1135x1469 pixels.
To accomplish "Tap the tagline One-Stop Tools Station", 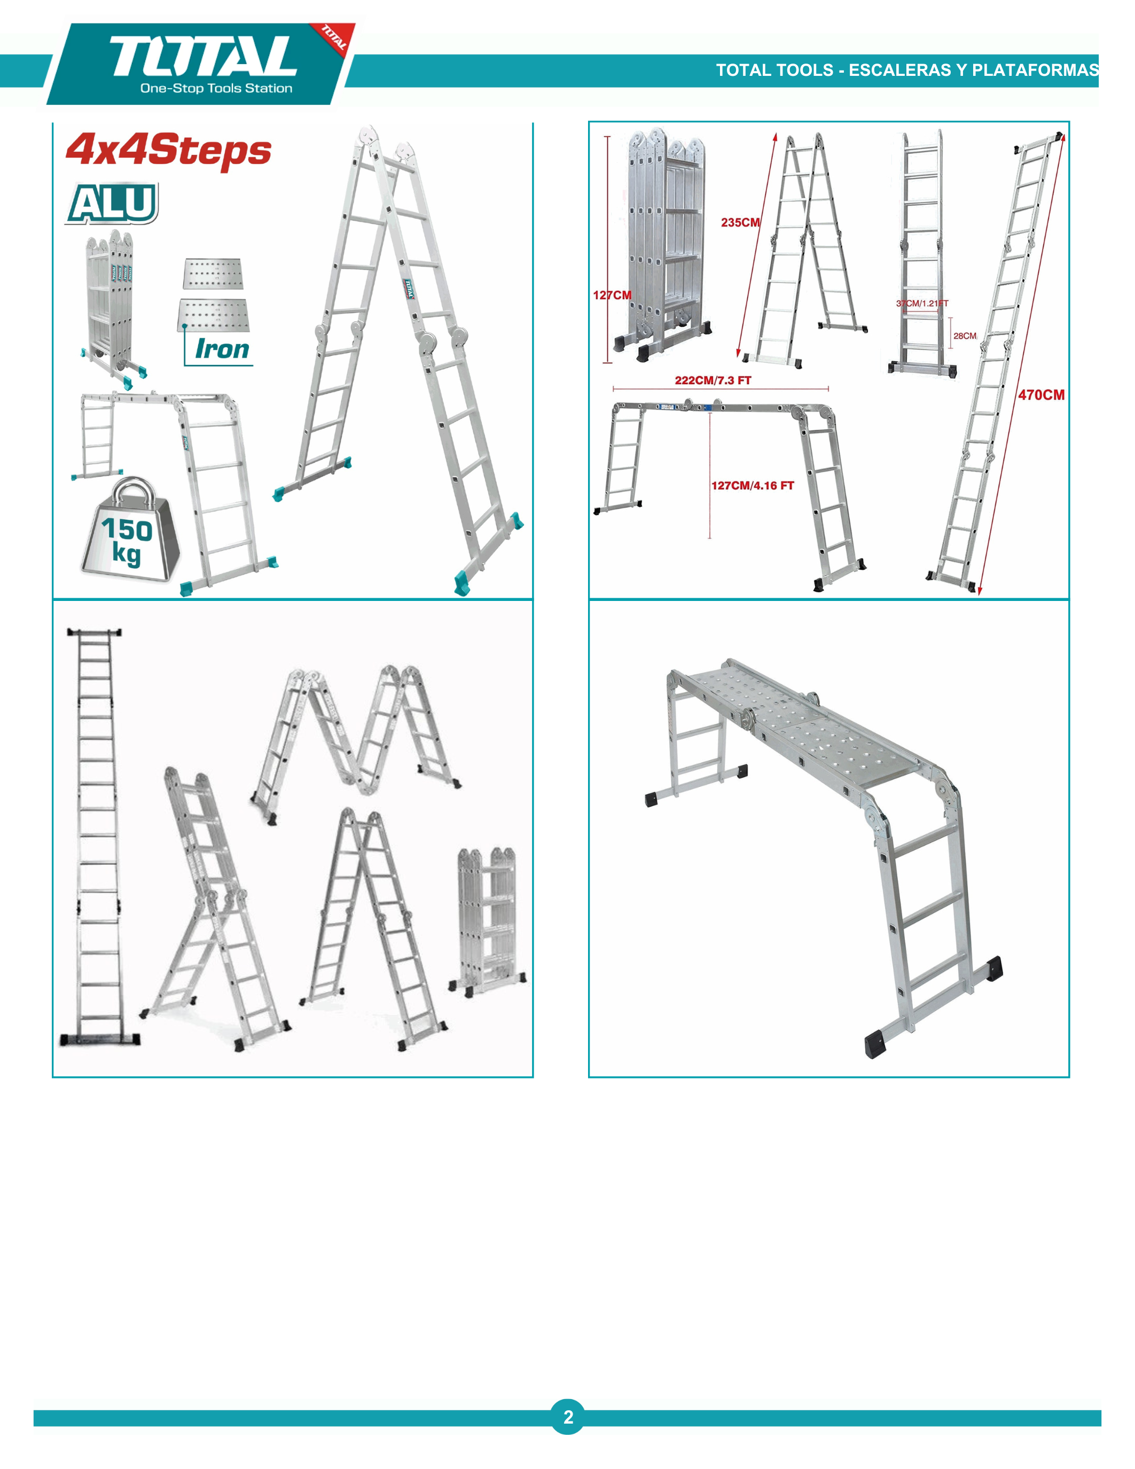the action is [216, 88].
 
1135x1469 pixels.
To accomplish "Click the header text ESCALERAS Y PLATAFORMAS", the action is [974, 70].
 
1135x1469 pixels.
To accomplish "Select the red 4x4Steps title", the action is [168, 150].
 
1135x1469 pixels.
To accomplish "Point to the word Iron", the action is [222, 349].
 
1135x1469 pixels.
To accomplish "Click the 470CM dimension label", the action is [1041, 395].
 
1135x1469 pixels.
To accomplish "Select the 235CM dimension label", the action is [740, 223].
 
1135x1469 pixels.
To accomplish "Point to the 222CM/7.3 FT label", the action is [713, 380].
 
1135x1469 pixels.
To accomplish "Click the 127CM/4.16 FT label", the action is [753, 486].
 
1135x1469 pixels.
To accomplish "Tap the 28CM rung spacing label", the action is [965, 335].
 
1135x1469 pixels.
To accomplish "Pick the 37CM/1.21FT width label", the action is [922, 303].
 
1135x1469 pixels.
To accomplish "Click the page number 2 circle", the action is [568, 1417].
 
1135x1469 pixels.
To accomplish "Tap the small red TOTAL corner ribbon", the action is [333, 39].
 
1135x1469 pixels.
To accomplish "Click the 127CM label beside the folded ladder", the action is [612, 295].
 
